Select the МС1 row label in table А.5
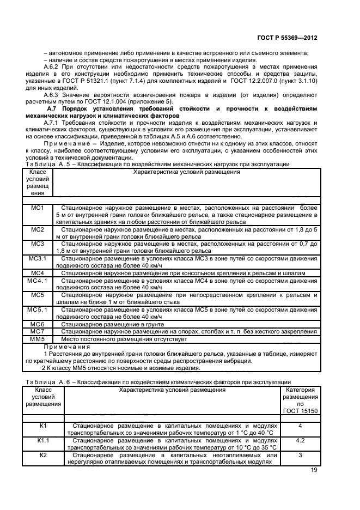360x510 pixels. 37,208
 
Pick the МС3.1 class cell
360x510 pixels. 37,258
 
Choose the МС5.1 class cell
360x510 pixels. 37,309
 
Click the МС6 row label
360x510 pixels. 37,324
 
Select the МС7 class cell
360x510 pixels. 37,331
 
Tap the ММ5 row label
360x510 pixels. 37,338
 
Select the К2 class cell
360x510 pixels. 43,454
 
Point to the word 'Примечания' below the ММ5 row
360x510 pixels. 67,347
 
